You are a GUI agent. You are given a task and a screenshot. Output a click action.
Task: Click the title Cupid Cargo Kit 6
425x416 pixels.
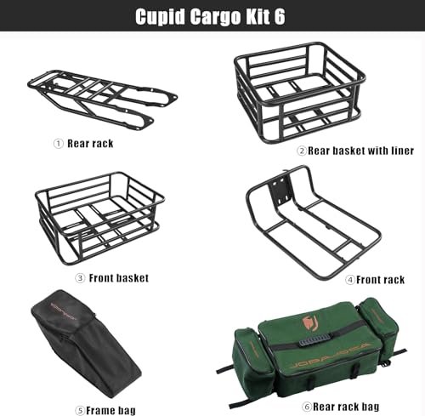coord(210,17)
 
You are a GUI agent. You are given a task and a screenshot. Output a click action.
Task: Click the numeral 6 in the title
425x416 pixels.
coord(280,16)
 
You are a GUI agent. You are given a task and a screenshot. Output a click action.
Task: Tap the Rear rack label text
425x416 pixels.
coord(90,144)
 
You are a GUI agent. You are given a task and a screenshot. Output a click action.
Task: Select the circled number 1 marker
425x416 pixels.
coord(59,144)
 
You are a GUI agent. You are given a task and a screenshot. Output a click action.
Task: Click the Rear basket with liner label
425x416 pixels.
coord(360,151)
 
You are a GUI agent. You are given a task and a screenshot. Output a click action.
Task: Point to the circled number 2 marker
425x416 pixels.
coord(302,151)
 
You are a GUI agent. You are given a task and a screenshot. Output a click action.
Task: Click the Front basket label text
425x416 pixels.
coord(119,278)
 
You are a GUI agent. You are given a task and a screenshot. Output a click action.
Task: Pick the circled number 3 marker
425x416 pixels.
coord(80,278)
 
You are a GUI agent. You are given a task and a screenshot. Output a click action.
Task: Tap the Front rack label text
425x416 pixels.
coord(380,280)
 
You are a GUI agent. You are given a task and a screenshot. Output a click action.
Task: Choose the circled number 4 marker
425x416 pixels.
coord(350,280)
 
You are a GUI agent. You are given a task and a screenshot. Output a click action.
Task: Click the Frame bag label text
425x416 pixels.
coord(110,411)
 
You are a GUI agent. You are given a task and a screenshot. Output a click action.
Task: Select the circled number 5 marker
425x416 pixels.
coord(80,411)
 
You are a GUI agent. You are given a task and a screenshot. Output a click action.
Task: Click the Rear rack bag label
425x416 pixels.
coord(346,407)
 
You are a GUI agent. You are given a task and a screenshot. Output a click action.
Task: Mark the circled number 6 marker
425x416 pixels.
coord(307,407)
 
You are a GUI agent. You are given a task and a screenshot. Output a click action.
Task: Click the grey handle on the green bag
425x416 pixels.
coord(314,339)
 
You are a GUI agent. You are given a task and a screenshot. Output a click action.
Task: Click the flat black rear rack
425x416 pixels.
coord(102,100)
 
